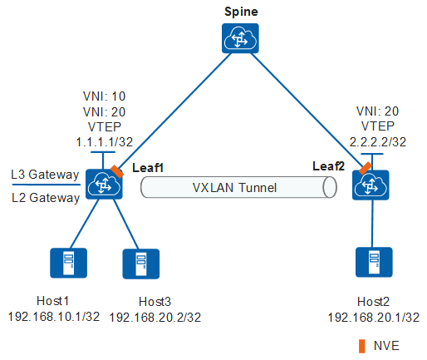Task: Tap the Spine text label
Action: [241, 12]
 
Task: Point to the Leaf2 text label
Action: [329, 167]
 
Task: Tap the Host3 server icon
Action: [141, 263]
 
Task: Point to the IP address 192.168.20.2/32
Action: [155, 317]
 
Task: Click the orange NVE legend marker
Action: [361, 344]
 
